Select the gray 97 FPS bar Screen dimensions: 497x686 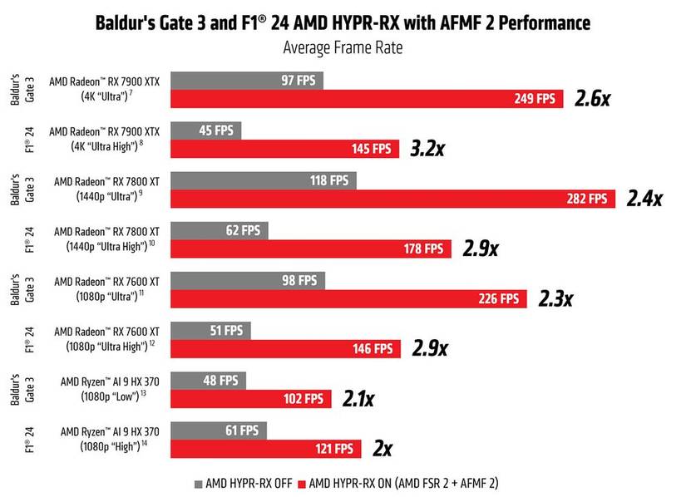click(247, 80)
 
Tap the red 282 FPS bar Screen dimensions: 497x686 click(392, 199)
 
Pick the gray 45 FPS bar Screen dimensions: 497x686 click(206, 130)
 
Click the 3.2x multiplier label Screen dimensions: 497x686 click(428, 149)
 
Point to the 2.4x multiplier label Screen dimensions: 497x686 click(644, 199)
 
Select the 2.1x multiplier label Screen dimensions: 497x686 click(358, 399)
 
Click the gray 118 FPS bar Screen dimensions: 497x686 click(264, 180)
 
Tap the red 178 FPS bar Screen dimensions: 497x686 click(311, 248)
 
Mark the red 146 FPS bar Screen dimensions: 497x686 click(286, 349)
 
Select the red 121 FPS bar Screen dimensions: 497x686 click(266, 449)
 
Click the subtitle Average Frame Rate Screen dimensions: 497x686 click(343, 47)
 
